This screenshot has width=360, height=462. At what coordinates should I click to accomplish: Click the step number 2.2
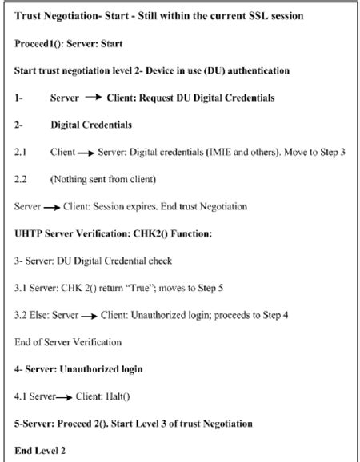point(22,179)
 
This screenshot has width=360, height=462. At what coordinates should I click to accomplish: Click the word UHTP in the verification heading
point(29,233)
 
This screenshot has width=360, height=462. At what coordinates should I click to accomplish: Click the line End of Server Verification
point(67,342)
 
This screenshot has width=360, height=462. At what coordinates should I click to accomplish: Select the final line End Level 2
point(38,451)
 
